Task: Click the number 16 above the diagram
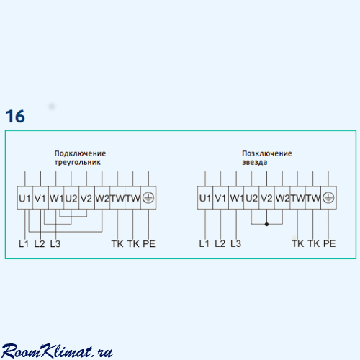coord(15,116)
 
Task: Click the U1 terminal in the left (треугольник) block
coord(24,198)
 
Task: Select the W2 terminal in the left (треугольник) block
coord(102,198)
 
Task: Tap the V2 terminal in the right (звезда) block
coord(266,198)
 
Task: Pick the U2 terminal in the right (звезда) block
coord(251,198)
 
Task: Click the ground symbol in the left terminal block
coord(148,198)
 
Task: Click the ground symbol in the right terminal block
coord(328,198)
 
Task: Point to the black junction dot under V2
coord(266,225)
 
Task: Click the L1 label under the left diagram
coord(24,244)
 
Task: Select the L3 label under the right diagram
coord(235,243)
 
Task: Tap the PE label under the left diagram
coord(149,244)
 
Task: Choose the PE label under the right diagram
coord(329,243)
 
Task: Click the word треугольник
coord(78,162)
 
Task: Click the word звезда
coord(254,162)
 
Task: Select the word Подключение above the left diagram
coord(80,153)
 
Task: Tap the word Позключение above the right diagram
coord(267,153)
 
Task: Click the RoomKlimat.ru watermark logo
coord(57,351)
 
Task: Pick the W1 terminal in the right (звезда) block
coord(236,198)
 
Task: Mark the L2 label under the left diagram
coord(40,244)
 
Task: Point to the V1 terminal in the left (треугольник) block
coord(40,198)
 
